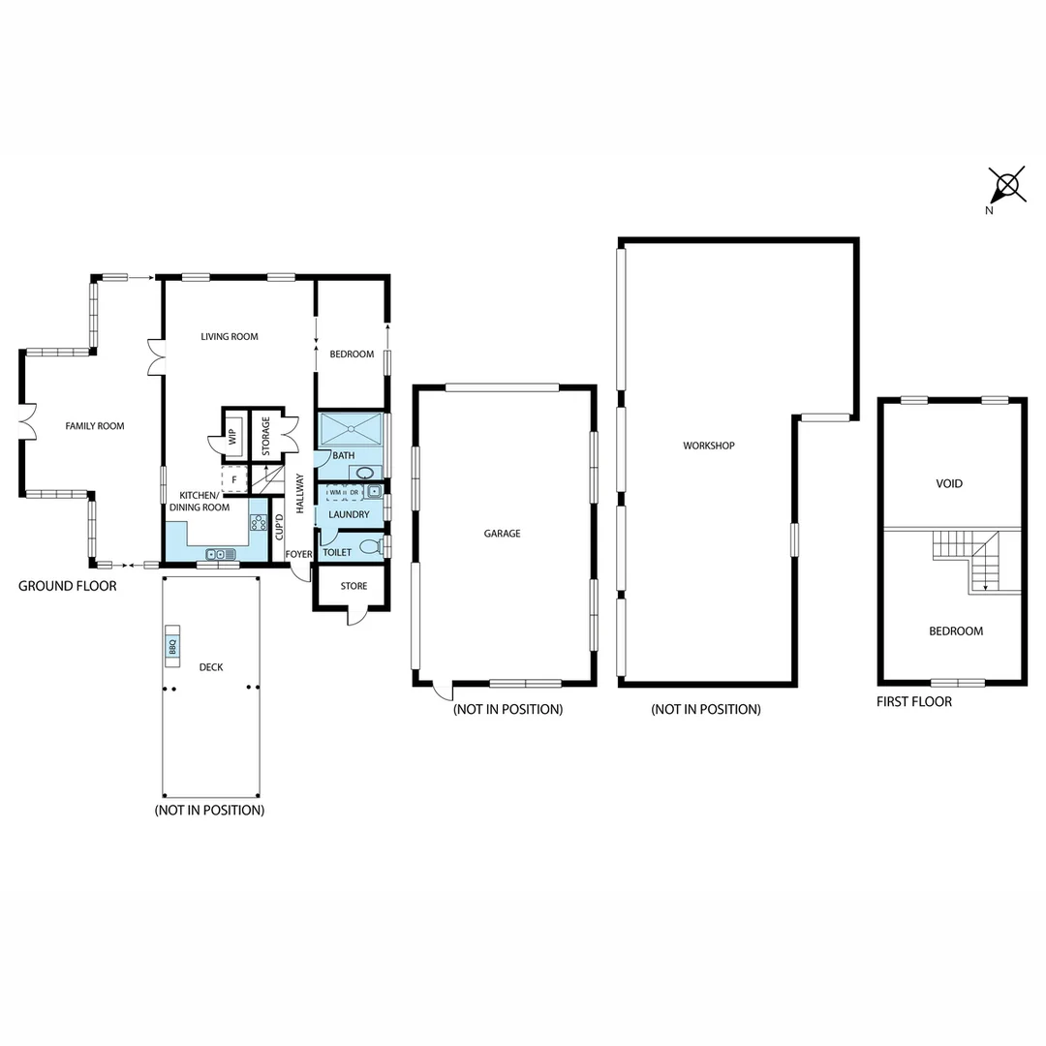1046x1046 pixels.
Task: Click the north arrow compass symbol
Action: click(x=1007, y=184)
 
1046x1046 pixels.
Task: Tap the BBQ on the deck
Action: click(x=172, y=646)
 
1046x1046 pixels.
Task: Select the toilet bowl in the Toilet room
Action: click(x=370, y=547)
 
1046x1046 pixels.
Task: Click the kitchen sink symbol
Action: click(x=221, y=554)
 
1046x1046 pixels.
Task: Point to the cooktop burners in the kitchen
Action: click(x=259, y=523)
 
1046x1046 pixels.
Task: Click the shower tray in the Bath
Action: click(x=351, y=429)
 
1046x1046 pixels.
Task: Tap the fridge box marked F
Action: click(x=234, y=479)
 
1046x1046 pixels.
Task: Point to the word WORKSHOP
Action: click(x=709, y=446)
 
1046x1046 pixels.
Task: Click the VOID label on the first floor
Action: click(x=949, y=483)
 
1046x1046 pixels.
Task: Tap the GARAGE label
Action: click(x=503, y=534)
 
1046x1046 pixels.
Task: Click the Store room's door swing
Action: click(x=357, y=617)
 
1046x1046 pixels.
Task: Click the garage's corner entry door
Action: click(x=442, y=690)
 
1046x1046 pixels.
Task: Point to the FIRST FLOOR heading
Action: click(x=913, y=701)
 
